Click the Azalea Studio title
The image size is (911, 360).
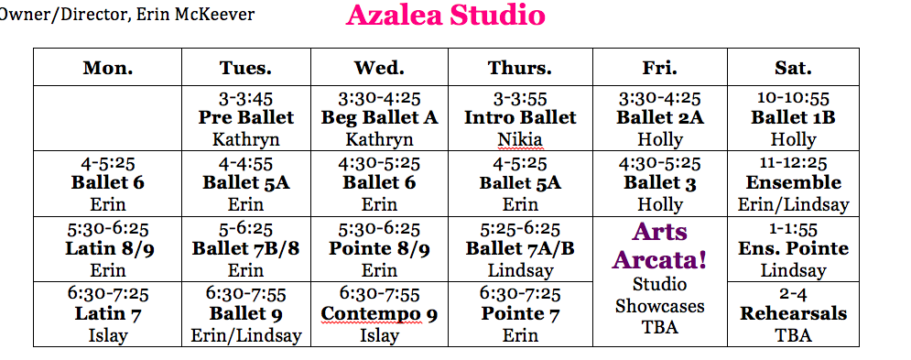tap(446, 16)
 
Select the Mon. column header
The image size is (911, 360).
tap(108, 68)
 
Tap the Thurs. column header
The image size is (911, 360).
tap(520, 68)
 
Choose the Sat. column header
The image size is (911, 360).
tap(793, 68)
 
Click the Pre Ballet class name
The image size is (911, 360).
tap(246, 117)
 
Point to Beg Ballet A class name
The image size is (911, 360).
tap(380, 117)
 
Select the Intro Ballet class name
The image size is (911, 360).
tap(521, 117)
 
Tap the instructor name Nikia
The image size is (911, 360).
tap(521, 139)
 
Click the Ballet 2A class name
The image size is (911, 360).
tap(660, 117)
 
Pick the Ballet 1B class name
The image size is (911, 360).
tap(793, 117)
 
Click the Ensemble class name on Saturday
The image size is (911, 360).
tap(794, 182)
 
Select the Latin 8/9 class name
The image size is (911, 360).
tap(108, 248)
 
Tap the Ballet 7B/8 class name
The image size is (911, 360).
tap(246, 248)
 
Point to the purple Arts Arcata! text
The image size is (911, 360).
tap(660, 245)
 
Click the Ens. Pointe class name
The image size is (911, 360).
tap(794, 248)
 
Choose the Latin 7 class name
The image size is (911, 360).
tap(108, 314)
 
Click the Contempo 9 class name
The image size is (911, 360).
tap(380, 314)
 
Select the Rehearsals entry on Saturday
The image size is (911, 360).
tap(794, 314)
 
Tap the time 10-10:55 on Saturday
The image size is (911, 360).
tap(793, 99)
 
